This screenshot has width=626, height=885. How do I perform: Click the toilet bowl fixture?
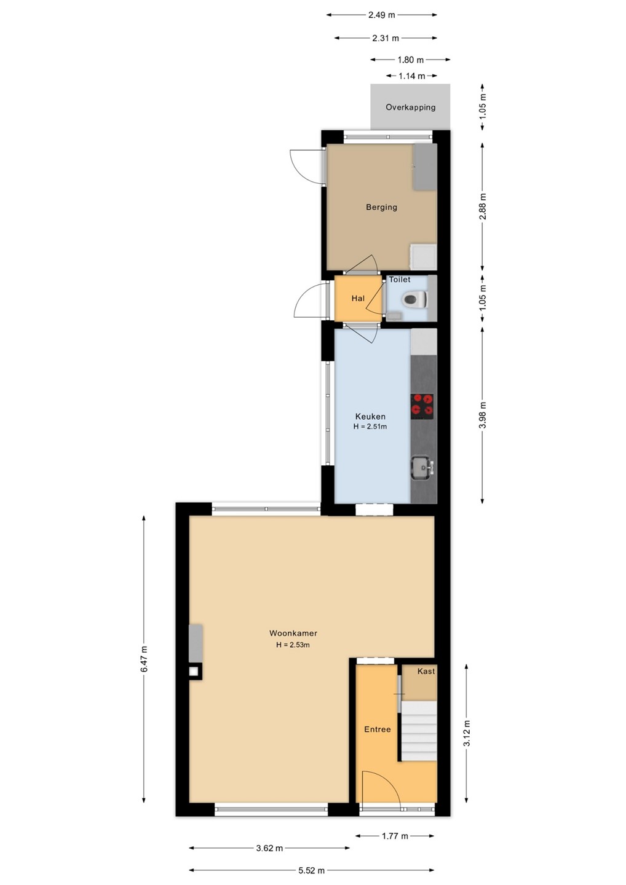point(415,299)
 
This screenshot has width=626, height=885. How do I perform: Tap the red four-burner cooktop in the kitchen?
point(422,407)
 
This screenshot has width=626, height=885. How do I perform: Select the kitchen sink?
point(422,468)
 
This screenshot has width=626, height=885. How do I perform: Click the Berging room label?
point(381,206)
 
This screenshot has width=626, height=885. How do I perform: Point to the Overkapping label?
point(411,107)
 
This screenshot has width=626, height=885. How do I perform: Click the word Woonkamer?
point(293,633)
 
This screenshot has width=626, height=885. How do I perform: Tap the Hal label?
point(358,298)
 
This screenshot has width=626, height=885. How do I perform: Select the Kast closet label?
point(426,671)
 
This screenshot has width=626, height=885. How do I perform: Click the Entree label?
point(378,730)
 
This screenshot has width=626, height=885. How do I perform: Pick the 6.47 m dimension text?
point(144,659)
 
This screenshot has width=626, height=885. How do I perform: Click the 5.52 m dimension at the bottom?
point(311,870)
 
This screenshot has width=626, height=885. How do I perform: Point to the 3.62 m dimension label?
point(269,848)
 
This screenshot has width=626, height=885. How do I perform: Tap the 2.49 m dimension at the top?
point(381,15)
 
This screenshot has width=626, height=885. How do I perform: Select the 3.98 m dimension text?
point(482,415)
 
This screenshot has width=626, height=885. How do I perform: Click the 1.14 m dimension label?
point(411,76)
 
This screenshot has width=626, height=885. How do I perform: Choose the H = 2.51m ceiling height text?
point(370,427)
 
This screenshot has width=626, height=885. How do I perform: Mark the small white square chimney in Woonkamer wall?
point(194,671)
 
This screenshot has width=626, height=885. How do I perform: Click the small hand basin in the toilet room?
point(394,315)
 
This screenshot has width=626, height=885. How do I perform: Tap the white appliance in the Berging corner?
point(424,256)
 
